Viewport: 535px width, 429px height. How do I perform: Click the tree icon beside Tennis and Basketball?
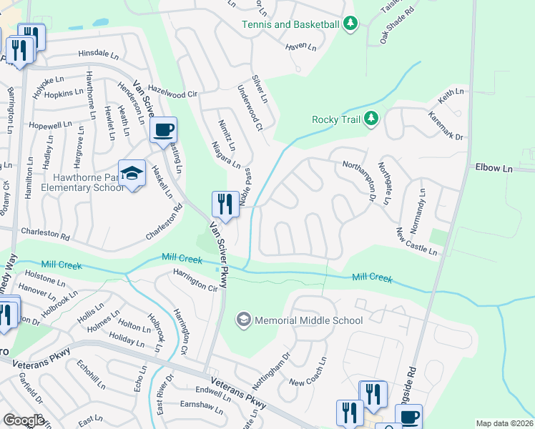pos(350,24)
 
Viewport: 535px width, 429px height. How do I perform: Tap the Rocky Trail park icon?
pos(370,119)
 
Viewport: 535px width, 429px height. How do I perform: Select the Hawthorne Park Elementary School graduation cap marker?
pos(132,174)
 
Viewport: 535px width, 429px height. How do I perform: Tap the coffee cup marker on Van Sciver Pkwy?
pos(164,130)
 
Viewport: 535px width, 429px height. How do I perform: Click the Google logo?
pos(24,420)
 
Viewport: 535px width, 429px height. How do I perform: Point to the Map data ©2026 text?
pos(504,423)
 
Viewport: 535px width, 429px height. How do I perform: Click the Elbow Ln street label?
pos(494,168)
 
